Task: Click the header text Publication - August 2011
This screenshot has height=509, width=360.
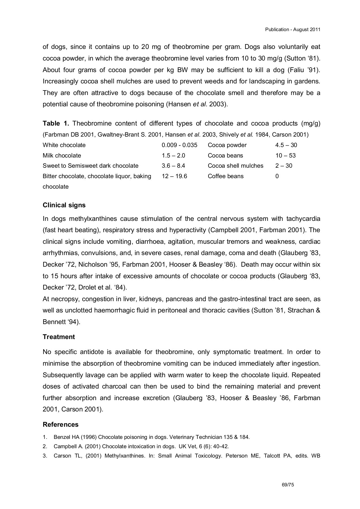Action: pyautogui.click(x=292, y=29)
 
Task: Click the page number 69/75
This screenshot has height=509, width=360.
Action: pyautogui.click(x=288, y=485)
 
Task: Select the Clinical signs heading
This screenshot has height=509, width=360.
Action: pyautogui.click(x=64, y=205)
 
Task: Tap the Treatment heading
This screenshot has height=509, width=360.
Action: pyautogui.click(x=59, y=337)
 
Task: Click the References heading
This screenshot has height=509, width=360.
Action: pyautogui.click(x=61, y=424)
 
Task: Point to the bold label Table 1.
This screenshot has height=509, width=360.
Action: pyautogui.click(x=56, y=123)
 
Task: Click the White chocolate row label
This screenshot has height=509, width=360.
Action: pyautogui.click(x=64, y=145)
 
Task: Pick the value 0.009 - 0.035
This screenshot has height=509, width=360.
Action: pyautogui.click(x=179, y=145)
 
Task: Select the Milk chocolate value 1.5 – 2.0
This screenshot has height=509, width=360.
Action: pyautogui.click(x=173, y=156)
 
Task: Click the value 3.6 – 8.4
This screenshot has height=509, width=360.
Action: pyautogui.click(x=173, y=166)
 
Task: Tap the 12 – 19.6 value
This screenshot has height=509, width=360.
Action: pyautogui.click(x=174, y=176)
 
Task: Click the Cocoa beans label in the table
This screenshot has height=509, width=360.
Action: pyautogui.click(x=225, y=156)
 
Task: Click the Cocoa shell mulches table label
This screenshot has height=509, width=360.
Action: pyautogui.click(x=235, y=166)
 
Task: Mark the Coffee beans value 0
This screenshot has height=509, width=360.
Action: pyautogui.click(x=277, y=176)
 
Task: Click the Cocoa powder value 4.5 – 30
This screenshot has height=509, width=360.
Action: pyautogui.click(x=286, y=145)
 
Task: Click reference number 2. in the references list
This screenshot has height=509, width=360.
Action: pyautogui.click(x=45, y=447)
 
